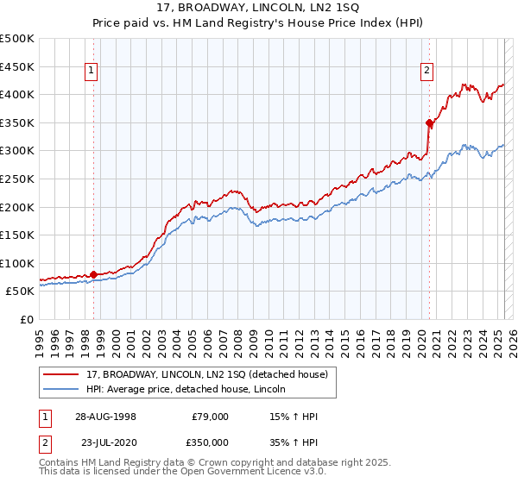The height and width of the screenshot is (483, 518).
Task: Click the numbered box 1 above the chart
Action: (92, 72)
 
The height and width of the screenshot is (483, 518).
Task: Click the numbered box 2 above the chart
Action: (427, 72)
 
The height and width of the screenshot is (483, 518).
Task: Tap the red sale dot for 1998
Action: (94, 274)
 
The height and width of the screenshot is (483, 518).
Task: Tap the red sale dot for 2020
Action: (429, 123)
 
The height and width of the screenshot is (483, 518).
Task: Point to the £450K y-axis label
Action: (17, 66)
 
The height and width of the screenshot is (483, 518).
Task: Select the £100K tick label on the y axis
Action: (17, 263)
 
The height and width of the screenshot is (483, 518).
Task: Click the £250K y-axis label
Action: (17, 179)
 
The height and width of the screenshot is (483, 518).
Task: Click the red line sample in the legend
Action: (61, 375)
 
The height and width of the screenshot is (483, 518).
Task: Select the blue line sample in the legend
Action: (61, 389)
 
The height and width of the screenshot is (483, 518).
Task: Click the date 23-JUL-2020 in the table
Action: (108, 442)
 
